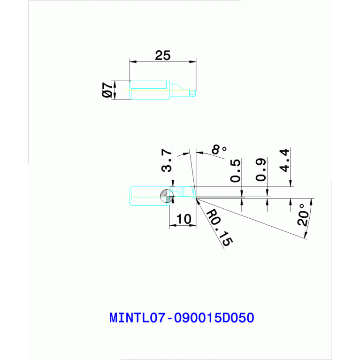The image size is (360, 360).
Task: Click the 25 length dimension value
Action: pyautogui.click(x=163, y=55)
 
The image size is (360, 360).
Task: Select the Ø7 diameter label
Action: pyautogui.click(x=107, y=90)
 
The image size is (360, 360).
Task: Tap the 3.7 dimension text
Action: pyautogui.click(x=167, y=160)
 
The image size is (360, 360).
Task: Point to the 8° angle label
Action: pyautogui.click(x=219, y=149)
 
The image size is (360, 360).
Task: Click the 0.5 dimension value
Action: pyautogui.click(x=236, y=170)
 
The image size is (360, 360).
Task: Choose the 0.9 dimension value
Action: pyautogui.click(x=261, y=169)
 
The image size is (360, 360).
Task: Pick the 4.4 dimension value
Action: pyautogui.click(x=284, y=160)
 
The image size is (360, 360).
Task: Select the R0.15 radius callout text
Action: pyautogui.click(x=219, y=228)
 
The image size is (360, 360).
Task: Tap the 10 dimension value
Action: pyautogui.click(x=184, y=219)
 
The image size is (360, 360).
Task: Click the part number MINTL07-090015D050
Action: pyautogui.click(x=182, y=318)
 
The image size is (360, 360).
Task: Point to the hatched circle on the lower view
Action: pyautogui.click(x=167, y=196)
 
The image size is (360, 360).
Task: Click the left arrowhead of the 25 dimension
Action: pyautogui.click(x=133, y=61)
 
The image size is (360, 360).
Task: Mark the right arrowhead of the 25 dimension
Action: pyautogui.click(x=193, y=61)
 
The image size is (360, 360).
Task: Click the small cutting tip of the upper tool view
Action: pyautogui.click(x=192, y=93)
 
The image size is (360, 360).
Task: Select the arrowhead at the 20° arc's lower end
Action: pyautogui.click(x=306, y=235)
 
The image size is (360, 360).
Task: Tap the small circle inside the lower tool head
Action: pyautogui.click(x=181, y=192)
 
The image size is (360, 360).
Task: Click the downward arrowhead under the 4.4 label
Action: pyautogui.click(x=291, y=183)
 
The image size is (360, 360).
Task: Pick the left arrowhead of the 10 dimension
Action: pyautogui.click(x=173, y=225)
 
